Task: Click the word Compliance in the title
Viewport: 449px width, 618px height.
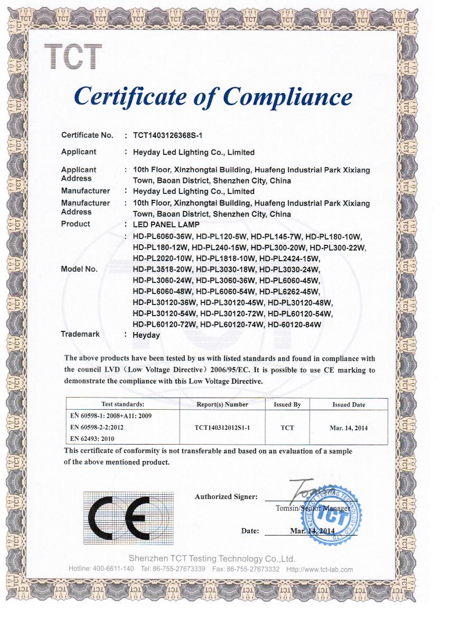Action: [x=287, y=96]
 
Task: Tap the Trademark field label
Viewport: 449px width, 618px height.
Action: [x=80, y=334]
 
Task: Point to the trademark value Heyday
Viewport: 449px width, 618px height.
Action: [x=146, y=335]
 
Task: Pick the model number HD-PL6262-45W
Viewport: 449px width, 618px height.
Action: [x=290, y=291]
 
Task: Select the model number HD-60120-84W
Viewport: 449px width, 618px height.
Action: [x=294, y=324]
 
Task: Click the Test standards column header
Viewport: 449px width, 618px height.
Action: [x=122, y=404]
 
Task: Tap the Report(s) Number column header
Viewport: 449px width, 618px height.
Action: [x=222, y=404]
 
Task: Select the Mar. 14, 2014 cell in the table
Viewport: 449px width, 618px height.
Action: [x=348, y=428]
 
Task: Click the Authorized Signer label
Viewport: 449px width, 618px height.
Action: [x=226, y=497]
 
